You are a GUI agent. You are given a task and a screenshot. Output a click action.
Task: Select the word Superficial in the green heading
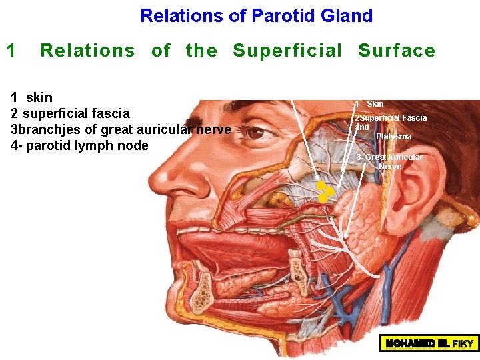tap(287, 50)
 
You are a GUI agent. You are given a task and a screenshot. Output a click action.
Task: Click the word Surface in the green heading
tap(397, 50)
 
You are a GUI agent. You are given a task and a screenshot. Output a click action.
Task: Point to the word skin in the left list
tap(39, 97)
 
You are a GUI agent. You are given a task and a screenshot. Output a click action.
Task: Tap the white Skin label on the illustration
tap(375, 104)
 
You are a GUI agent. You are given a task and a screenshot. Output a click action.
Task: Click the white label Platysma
tap(393, 137)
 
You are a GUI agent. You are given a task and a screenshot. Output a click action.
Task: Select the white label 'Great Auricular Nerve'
tap(392, 161)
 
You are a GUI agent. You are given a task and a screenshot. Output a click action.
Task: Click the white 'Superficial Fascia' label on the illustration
tap(393, 118)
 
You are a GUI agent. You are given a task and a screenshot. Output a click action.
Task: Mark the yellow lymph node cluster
tap(325, 191)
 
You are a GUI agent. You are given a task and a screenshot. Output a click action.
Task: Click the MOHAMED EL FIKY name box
tap(429, 343)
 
